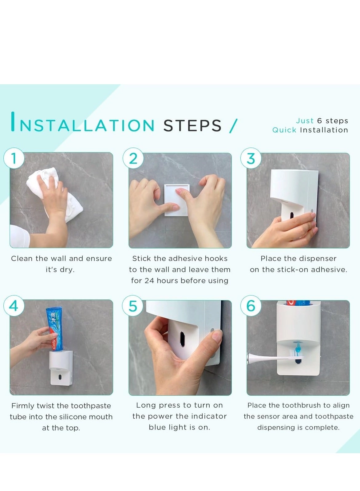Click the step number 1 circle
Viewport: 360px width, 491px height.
click(14, 159)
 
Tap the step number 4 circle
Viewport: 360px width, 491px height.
click(14, 306)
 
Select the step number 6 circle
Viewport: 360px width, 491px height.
click(251, 306)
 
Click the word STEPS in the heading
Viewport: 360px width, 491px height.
click(192, 126)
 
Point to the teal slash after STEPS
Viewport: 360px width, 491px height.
click(233, 126)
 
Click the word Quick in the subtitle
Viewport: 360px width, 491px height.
click(284, 130)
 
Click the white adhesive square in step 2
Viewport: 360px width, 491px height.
click(176, 200)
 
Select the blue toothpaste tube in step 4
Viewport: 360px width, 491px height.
click(55, 329)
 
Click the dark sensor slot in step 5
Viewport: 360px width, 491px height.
click(182, 339)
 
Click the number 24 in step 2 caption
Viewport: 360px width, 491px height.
click(149, 281)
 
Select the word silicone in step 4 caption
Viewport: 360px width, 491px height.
click(73, 417)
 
